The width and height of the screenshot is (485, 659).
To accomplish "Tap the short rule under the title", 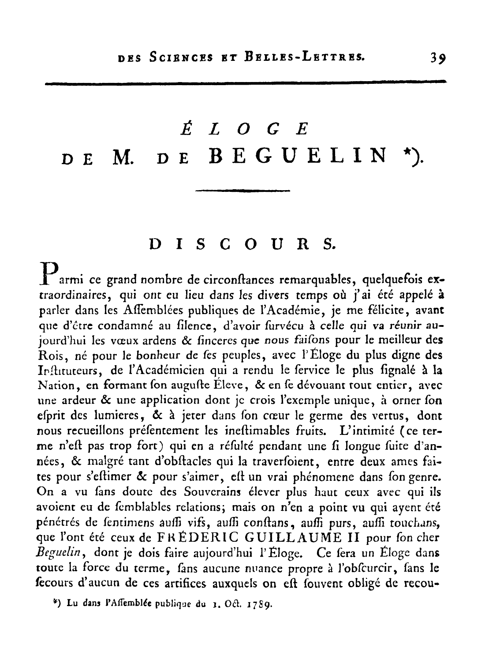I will [x=242, y=191].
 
